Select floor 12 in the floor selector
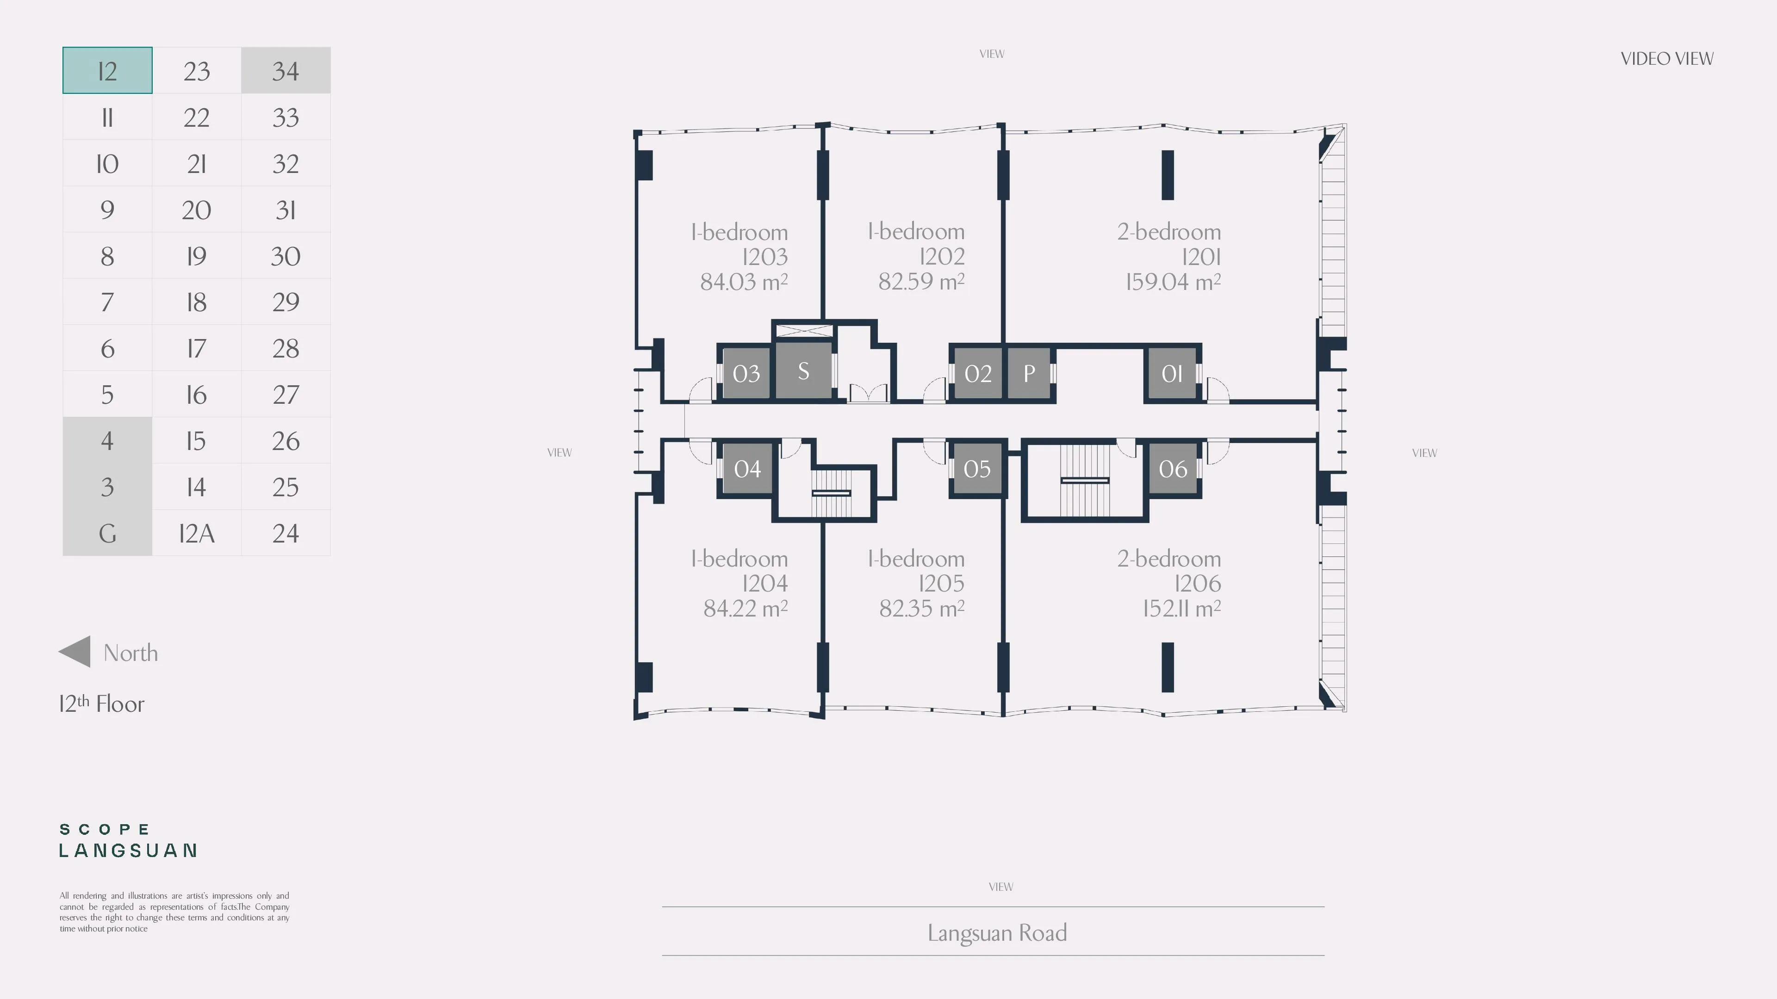(x=107, y=70)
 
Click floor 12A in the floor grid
(x=197, y=533)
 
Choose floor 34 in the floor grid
(x=286, y=70)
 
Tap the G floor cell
(x=107, y=533)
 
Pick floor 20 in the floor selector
(x=197, y=210)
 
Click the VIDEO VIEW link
(x=1666, y=59)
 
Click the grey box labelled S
(x=804, y=371)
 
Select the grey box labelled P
(x=1029, y=373)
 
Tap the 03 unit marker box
(x=746, y=373)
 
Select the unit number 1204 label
(x=765, y=583)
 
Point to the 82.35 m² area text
(x=922, y=608)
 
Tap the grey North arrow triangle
(x=75, y=652)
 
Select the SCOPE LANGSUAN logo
(x=128, y=840)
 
